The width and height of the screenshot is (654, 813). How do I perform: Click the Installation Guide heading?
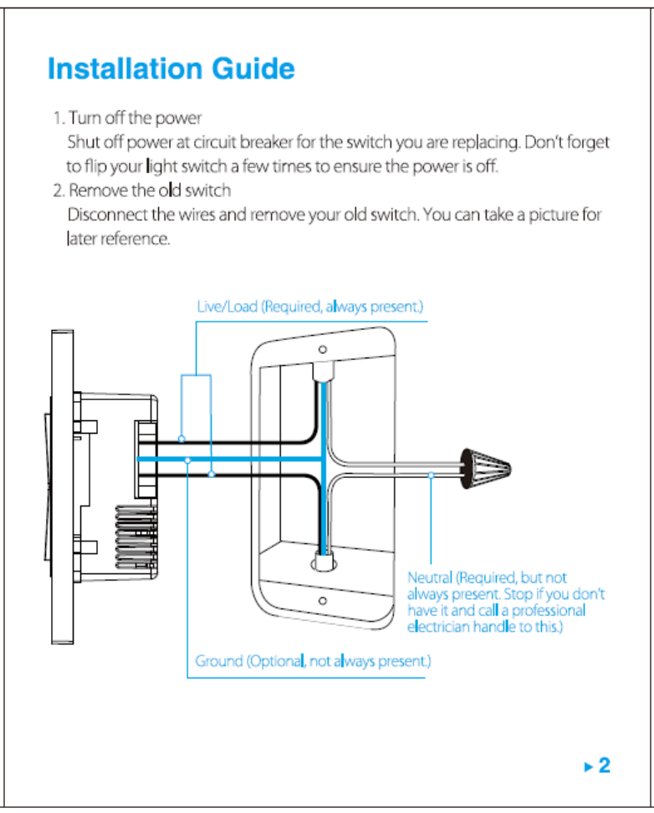171,69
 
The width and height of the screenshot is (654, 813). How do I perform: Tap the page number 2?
604,765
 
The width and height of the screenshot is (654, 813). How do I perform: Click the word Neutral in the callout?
430,577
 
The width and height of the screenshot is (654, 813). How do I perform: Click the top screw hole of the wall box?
322,351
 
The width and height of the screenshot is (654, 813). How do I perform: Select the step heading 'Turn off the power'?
135,117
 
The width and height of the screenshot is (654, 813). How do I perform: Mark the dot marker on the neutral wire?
430,475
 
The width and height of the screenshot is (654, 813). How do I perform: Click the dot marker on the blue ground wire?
188,460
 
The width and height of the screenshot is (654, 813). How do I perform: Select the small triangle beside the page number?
589,765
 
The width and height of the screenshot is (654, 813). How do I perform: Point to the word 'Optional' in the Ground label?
275,662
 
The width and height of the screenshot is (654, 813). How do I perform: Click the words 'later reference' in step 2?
119,240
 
